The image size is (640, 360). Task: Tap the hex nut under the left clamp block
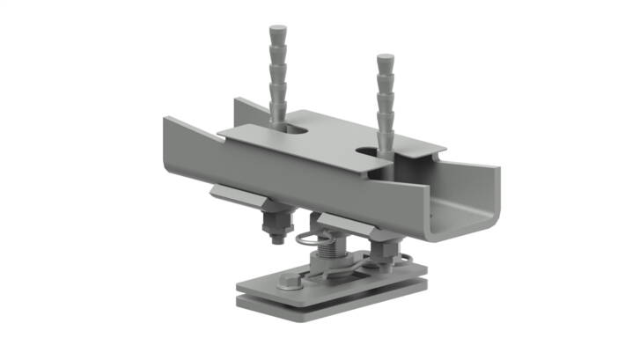point(276,220)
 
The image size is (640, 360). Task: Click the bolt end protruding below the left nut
point(276,237)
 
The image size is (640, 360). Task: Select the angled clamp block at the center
point(343,224)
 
